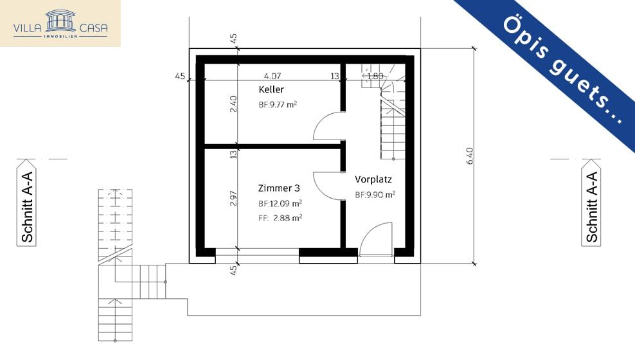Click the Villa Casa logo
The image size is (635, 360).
coord(60,23)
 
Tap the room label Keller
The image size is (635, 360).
coord(271,89)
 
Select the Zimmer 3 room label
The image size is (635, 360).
coord(279,188)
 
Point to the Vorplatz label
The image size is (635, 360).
coord(373,179)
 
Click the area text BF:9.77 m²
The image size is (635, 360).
coord(278,104)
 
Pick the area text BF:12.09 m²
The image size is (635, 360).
coord(280,203)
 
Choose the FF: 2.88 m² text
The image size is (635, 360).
coord(280,217)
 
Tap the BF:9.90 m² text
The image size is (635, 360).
coord(375,194)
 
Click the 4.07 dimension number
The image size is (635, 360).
coord(273,76)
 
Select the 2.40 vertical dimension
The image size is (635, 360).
coord(233,104)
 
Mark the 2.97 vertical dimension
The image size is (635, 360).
coord(233,197)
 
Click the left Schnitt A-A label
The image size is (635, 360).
coord(28,207)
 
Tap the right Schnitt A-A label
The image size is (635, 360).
coord(591,207)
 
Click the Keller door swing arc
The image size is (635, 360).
coord(328,126)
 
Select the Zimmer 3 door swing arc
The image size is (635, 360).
coord(328,186)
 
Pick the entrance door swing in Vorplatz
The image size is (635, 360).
coord(376,240)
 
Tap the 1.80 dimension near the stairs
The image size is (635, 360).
coord(375,76)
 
